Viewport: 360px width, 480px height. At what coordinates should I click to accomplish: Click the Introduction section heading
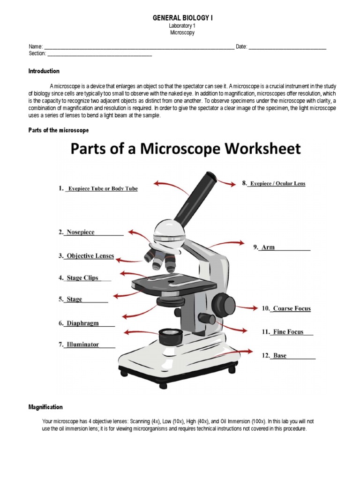(x=44, y=71)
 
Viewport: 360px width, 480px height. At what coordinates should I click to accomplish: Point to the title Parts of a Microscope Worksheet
(x=186, y=149)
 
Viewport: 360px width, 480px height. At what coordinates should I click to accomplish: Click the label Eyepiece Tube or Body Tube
(x=103, y=189)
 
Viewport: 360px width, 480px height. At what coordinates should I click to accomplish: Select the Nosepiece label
(x=80, y=232)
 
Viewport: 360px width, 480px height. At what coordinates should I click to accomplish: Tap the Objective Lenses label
(x=90, y=256)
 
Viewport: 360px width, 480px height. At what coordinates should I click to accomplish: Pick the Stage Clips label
(x=82, y=278)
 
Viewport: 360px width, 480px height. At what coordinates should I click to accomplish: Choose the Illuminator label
(x=83, y=345)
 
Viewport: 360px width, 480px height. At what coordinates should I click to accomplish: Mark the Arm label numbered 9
(x=268, y=247)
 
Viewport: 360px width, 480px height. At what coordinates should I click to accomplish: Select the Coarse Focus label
(x=292, y=308)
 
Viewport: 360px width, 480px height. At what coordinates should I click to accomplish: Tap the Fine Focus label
(x=288, y=332)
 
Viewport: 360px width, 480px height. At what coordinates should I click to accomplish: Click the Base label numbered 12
(x=280, y=356)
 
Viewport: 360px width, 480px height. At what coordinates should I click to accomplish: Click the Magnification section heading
(x=45, y=407)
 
